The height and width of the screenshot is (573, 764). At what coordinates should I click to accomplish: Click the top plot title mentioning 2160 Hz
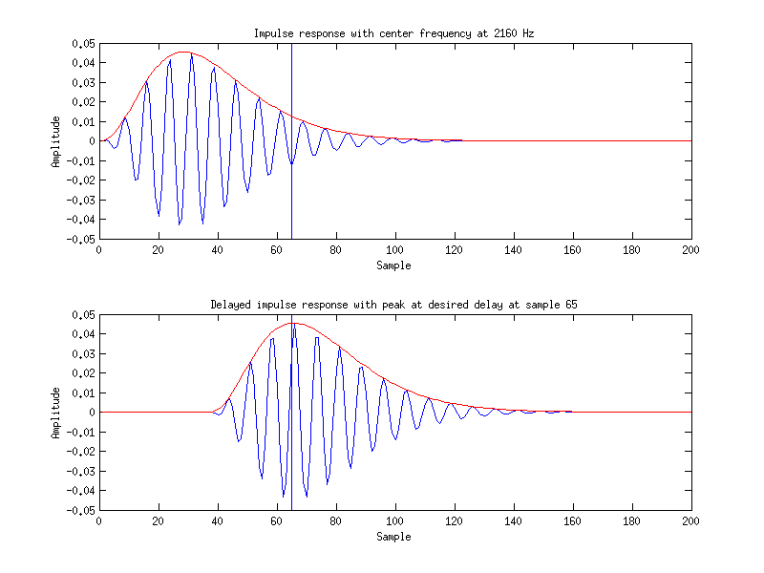pyautogui.click(x=393, y=33)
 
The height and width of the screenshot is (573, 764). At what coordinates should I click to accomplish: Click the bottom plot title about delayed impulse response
pyautogui.click(x=393, y=305)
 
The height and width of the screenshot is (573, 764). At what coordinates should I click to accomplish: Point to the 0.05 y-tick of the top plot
pyautogui.click(x=83, y=44)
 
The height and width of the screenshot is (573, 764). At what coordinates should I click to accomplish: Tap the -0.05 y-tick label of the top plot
pyautogui.click(x=81, y=239)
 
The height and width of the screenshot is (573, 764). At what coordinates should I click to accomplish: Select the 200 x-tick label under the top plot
pyautogui.click(x=691, y=251)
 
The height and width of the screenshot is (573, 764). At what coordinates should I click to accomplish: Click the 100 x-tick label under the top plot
pyautogui.click(x=395, y=251)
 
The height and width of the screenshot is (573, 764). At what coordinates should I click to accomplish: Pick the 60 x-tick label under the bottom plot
pyautogui.click(x=277, y=522)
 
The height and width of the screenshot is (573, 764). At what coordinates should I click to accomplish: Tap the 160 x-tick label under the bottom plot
pyautogui.click(x=573, y=522)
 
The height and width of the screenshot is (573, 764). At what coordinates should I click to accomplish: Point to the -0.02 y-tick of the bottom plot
pyautogui.click(x=81, y=452)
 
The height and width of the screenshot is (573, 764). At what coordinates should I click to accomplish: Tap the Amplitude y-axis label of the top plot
pyautogui.click(x=56, y=141)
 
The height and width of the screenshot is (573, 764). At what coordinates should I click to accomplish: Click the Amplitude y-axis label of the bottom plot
pyautogui.click(x=56, y=413)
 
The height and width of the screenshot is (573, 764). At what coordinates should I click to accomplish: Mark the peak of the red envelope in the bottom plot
pyautogui.click(x=292, y=323)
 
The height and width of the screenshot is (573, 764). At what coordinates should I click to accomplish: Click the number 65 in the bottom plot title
pyautogui.click(x=571, y=305)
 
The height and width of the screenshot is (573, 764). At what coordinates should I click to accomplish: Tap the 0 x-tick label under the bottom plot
pyautogui.click(x=99, y=522)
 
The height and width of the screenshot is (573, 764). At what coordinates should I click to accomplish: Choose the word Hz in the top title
pyautogui.click(x=527, y=33)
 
